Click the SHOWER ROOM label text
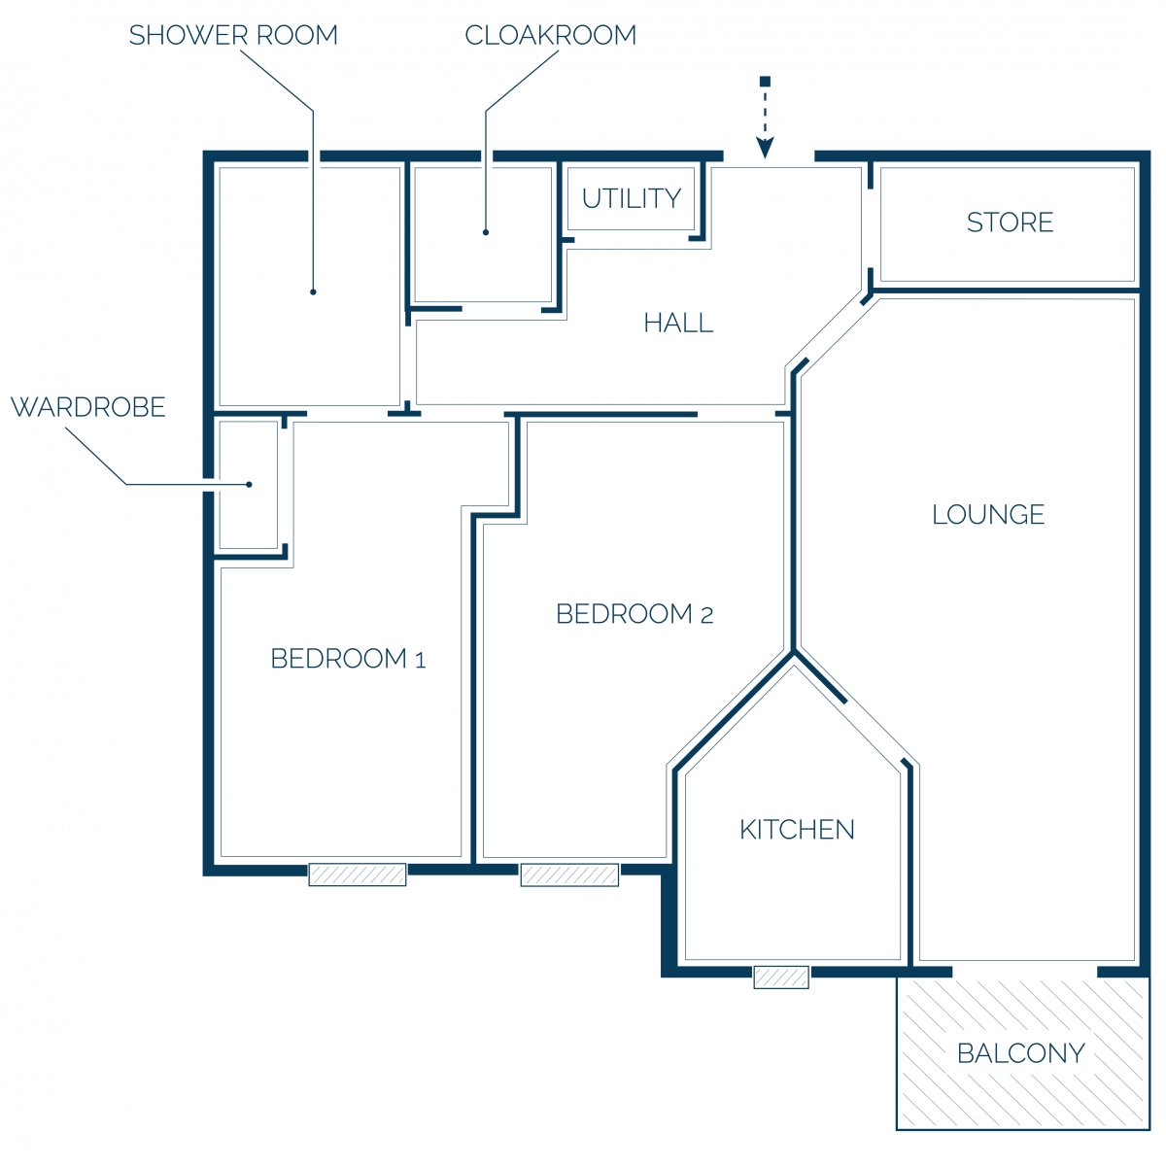tap(233, 35)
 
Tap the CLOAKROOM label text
tap(550, 35)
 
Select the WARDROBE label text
tap(88, 407)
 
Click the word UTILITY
tap(632, 198)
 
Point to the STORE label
tap(1010, 223)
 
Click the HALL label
tap(678, 323)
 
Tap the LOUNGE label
tap(988, 514)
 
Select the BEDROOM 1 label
tap(348, 659)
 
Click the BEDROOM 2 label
tap(634, 613)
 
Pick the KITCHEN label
tap(797, 830)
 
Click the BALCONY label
tap(1021, 1053)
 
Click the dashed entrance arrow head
tap(765, 147)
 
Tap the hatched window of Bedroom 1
tap(357, 874)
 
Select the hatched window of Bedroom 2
tap(569, 874)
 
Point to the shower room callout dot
tap(313, 292)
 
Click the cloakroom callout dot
tap(485, 232)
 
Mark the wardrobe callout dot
tap(249, 485)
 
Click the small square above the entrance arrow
tap(765, 82)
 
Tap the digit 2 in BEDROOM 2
tap(706, 616)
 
